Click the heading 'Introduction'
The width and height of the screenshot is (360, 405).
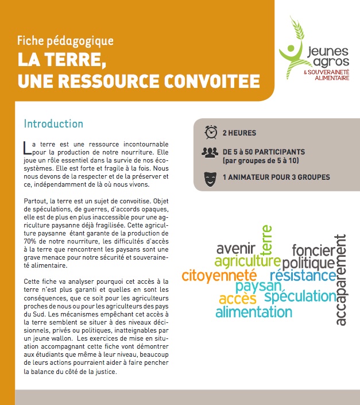coord(53,124)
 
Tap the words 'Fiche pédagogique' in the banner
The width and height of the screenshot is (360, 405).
coord(65,41)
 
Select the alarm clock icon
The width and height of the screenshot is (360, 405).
coord(210,133)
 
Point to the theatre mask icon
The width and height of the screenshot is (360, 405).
coord(210,177)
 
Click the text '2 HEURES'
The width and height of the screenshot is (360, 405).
coord(239,133)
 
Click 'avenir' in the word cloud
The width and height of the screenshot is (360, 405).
coord(236,249)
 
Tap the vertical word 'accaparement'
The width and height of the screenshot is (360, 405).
coord(340,280)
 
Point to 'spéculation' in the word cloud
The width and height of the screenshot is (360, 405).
coord(300,296)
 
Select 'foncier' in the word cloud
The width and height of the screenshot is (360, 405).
coord(312,250)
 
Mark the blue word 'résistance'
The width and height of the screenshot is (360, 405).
coord(303,276)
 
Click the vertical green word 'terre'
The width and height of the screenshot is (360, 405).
coord(267,240)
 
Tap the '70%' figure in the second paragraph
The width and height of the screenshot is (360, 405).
coord(32,241)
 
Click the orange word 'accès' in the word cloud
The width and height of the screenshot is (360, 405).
coord(237,299)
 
